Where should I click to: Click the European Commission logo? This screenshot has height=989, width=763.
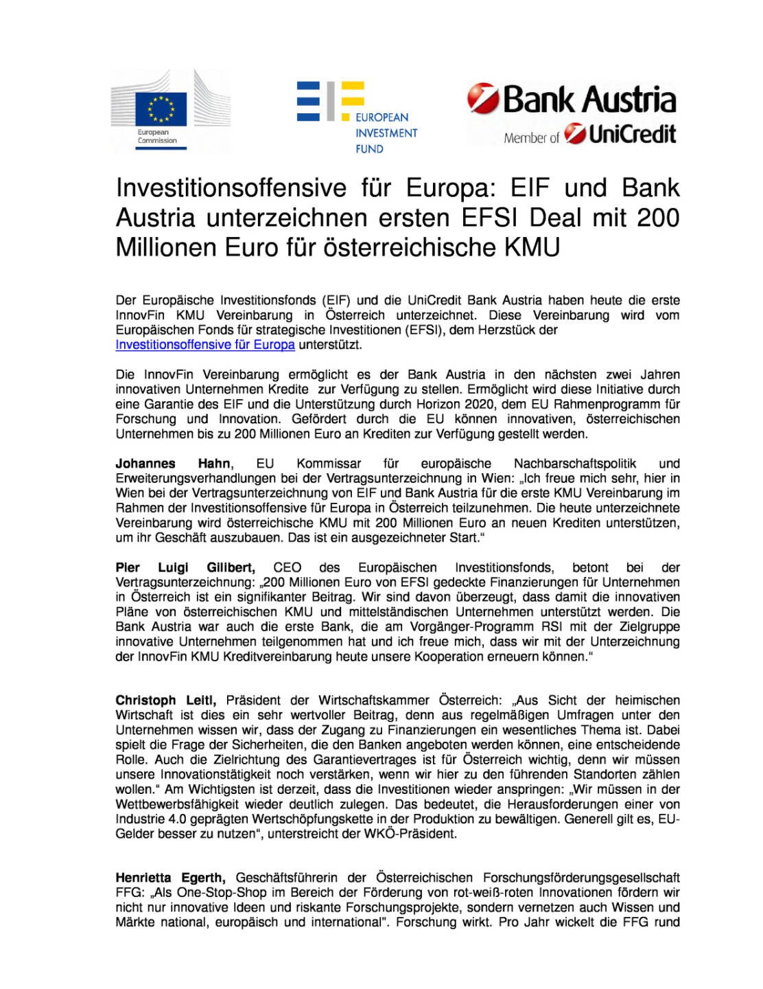(x=170, y=110)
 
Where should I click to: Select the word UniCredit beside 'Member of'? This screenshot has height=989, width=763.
(x=632, y=135)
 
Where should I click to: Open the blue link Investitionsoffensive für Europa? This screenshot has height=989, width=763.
(x=205, y=345)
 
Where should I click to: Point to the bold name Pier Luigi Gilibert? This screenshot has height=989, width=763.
(x=185, y=568)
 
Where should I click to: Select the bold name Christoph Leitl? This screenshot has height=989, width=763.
(x=165, y=701)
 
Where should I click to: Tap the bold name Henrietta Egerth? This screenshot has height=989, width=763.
(x=169, y=878)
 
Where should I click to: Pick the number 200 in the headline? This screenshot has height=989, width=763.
(x=657, y=218)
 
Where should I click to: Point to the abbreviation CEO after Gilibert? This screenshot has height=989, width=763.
(x=287, y=568)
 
